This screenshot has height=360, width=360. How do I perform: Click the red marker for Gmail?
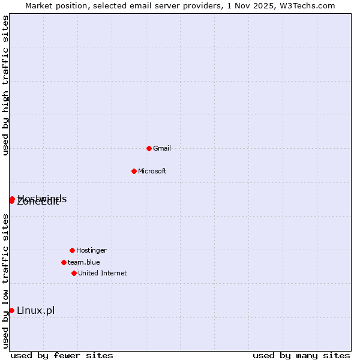(149, 148)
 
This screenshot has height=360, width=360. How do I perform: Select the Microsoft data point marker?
(134, 171)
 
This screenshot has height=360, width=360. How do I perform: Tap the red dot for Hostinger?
(72, 250)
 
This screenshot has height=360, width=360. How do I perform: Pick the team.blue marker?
(64, 262)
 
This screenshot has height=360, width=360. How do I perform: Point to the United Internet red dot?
(74, 273)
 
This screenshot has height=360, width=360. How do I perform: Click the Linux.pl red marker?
(11, 310)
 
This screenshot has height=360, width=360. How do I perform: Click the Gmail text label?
(162, 148)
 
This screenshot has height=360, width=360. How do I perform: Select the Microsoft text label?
(152, 171)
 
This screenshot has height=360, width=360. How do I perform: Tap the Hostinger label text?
(91, 250)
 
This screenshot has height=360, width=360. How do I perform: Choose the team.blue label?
(84, 262)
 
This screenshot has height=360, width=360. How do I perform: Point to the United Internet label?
(103, 273)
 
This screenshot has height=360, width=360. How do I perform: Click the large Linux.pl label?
(36, 310)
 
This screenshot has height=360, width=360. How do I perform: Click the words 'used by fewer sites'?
(62, 355)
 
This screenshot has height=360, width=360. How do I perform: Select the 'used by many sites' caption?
(301, 355)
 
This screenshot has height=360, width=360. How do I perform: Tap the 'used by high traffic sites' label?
(6, 85)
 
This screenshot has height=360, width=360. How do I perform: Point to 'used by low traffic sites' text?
(6, 281)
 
